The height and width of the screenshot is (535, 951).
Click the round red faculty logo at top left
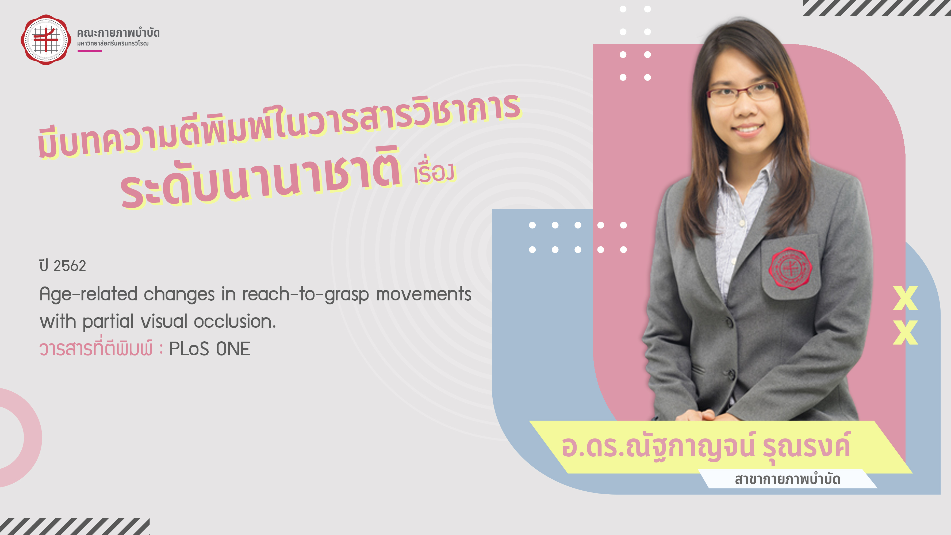[46, 40]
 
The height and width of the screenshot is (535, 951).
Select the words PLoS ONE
[210, 349]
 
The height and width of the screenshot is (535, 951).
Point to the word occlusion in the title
[235, 321]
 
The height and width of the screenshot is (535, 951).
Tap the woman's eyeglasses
[742, 92]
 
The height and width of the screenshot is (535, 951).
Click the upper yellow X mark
[905, 298]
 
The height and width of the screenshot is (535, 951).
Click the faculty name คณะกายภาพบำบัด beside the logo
[118, 33]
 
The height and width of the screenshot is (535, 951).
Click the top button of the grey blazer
[730, 322]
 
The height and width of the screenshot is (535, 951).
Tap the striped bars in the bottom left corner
[75, 526]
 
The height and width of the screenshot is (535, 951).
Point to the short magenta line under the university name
[89, 51]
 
